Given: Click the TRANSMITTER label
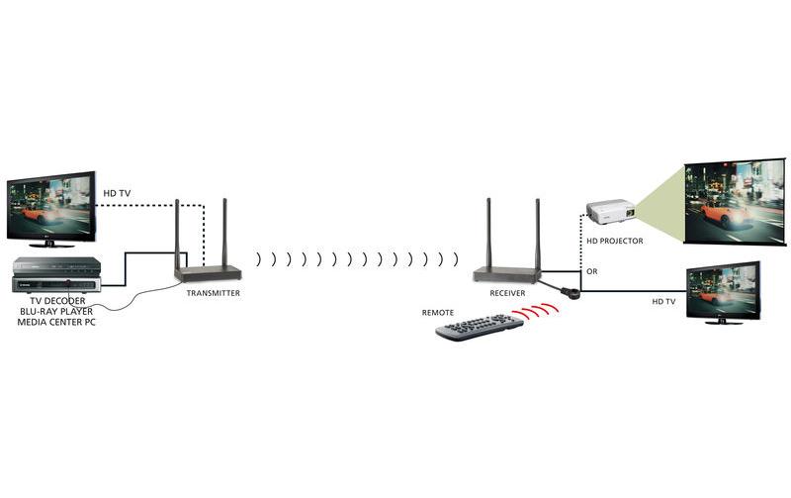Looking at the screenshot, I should pyautogui.click(x=213, y=293).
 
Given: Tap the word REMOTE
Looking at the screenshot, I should pyautogui.click(x=438, y=313).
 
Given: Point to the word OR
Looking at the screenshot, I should pyautogui.click(x=592, y=271).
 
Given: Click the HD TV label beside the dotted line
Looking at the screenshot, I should pyautogui.click(x=117, y=192).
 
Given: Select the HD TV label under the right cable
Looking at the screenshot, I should pyautogui.click(x=663, y=301).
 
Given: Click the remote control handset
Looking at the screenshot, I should pyautogui.click(x=480, y=328).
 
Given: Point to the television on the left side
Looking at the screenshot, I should pyautogui.click(x=50, y=209).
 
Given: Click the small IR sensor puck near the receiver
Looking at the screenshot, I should pyautogui.click(x=571, y=292).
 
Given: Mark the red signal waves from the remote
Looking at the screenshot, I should pyautogui.click(x=541, y=311).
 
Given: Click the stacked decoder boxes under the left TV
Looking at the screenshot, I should pyautogui.click(x=55, y=275).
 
